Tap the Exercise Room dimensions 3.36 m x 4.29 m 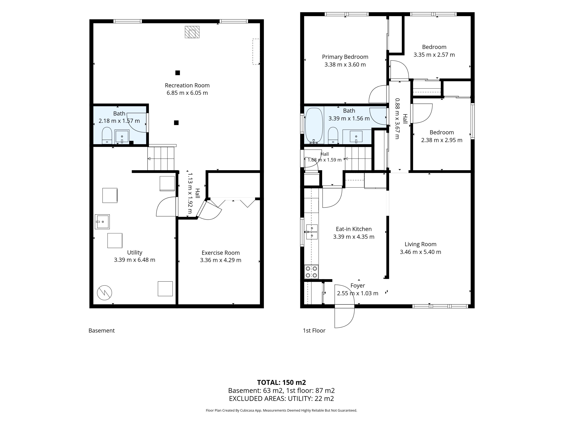221,260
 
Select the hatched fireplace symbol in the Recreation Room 192,32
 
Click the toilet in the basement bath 107,136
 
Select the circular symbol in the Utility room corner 104,293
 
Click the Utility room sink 102,222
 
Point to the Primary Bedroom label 345,57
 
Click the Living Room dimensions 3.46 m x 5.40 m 420,252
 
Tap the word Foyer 358,286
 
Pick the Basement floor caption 102,331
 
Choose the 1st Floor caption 314,331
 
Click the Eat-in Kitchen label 354,229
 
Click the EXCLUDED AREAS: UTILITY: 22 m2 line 281,399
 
